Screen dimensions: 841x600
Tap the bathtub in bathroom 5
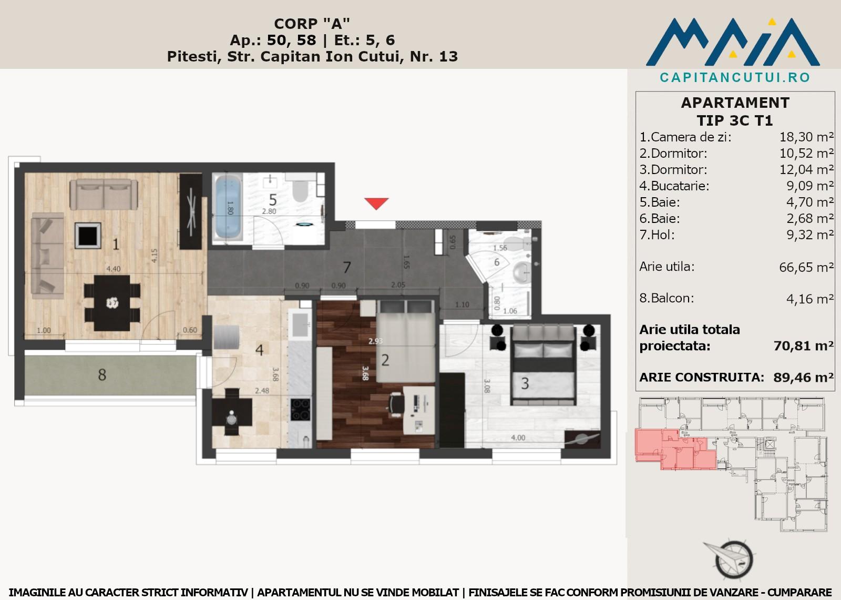tap(228, 207)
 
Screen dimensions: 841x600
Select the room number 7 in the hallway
tap(347, 267)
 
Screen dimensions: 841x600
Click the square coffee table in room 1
tap(88, 236)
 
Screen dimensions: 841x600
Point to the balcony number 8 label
tap(102, 374)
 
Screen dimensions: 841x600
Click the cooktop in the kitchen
tap(300, 409)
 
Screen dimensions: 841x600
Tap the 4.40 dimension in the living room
tap(114, 269)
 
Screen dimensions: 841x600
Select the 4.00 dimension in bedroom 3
tap(518, 438)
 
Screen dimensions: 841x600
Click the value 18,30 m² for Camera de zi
tap(806, 137)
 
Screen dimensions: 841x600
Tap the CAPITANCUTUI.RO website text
tap(735, 77)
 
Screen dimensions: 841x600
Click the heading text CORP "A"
tap(312, 24)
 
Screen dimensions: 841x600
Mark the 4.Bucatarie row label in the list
tap(674, 186)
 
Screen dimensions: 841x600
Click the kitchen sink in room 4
tap(300, 324)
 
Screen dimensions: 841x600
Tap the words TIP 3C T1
tap(735, 120)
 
